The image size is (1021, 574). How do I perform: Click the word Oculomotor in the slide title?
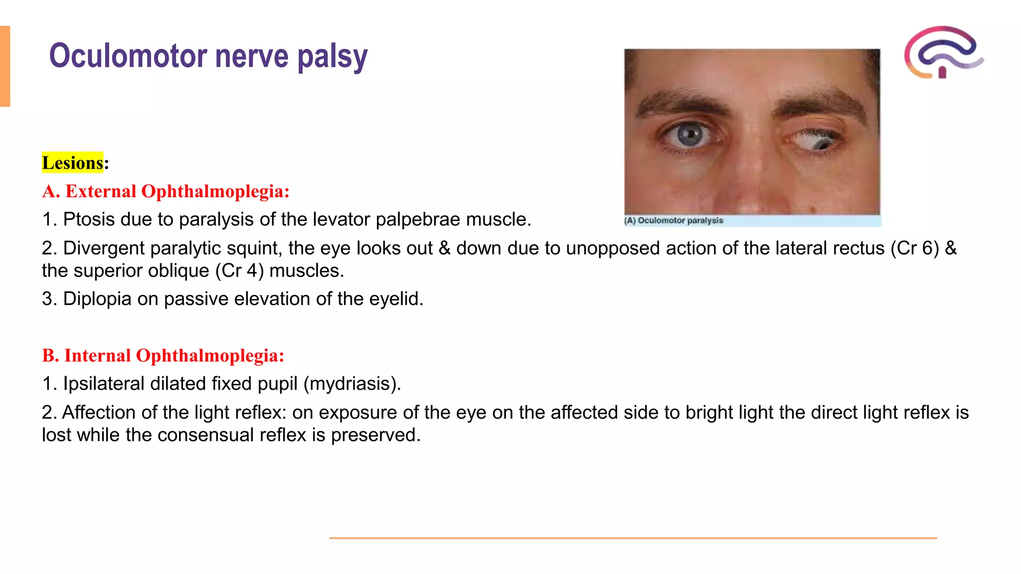coord(128,56)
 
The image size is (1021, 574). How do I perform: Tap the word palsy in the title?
coord(333,57)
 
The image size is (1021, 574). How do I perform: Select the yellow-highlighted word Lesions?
coord(72,163)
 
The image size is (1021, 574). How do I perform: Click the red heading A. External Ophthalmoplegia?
coord(166,191)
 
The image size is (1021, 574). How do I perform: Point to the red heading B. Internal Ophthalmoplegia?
coord(163,356)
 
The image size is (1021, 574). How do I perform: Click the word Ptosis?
coord(89,219)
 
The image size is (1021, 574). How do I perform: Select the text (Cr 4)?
coord(239,271)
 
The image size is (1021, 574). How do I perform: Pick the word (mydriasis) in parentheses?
coord(352,384)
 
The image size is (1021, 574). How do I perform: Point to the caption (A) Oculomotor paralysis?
coord(674,220)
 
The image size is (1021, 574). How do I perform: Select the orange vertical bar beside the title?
coord(5,66)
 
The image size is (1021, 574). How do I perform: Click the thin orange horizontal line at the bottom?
coord(633,538)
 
